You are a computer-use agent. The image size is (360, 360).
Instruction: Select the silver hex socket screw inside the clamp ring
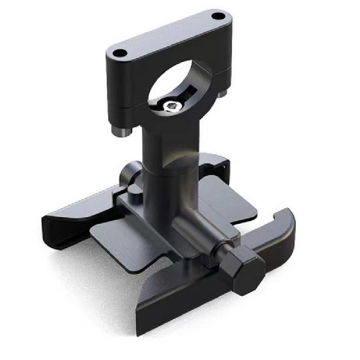tap(171, 105)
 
